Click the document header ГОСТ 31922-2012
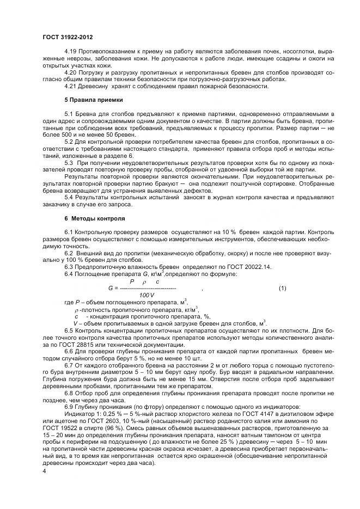point(67,36)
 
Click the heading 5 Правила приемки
point(93,100)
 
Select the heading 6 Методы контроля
point(95,218)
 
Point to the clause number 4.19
point(71,50)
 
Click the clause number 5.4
point(69,198)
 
